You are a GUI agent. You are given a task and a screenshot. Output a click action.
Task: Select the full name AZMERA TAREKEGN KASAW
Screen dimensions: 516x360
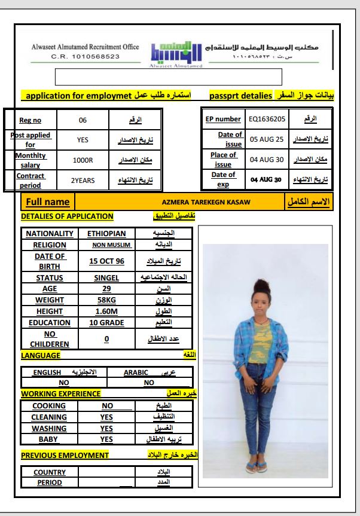pos(206,202)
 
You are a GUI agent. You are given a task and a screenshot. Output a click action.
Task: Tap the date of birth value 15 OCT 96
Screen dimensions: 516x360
pos(106,261)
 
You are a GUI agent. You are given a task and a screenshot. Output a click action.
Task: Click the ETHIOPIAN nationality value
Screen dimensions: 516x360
pos(106,234)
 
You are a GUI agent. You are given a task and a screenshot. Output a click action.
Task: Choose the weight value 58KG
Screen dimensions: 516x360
pos(106,300)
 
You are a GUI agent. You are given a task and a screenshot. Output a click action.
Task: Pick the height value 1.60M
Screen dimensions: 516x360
pos(106,311)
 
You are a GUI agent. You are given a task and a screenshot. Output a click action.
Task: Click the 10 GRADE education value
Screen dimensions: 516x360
pos(106,323)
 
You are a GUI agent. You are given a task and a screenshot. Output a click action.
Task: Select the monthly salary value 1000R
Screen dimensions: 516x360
pos(83,160)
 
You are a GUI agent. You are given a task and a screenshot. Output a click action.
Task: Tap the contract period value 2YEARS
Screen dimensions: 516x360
pos(83,180)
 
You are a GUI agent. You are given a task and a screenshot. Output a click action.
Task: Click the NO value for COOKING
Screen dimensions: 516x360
pos(107,405)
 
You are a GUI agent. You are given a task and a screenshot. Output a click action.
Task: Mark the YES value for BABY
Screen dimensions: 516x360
pos(106,439)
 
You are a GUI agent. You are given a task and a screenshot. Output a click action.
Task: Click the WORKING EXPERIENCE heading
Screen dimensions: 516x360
pos(61,393)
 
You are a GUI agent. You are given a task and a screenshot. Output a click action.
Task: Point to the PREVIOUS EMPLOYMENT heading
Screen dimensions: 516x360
pos(65,455)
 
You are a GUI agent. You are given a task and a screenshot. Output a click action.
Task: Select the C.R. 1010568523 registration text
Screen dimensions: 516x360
pos(86,56)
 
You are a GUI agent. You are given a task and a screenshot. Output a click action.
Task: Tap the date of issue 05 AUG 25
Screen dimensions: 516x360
pos(266,139)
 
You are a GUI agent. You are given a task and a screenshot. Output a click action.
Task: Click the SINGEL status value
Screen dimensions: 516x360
pos(106,277)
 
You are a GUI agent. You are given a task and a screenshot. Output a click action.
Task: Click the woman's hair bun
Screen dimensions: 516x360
pos(261,283)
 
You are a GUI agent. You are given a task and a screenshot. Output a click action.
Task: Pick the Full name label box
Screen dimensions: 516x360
pos(48,202)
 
